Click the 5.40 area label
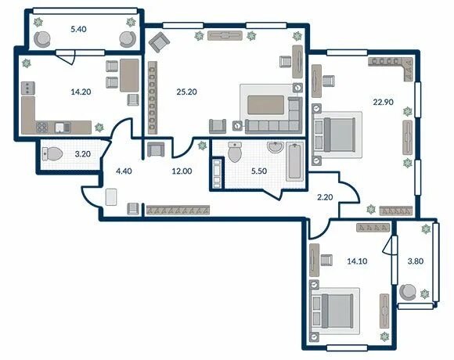[78, 29]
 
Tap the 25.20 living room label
[186, 92]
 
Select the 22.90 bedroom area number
[383, 102]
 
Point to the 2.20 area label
[325, 197]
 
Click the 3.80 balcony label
[416, 261]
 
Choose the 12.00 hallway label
[182, 171]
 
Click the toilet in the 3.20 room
[52, 153]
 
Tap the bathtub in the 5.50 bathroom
[295, 161]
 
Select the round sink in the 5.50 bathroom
[276, 147]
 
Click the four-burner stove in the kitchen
[42, 128]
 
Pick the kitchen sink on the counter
[63, 128]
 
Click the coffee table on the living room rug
[265, 105]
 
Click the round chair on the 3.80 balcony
[408, 292]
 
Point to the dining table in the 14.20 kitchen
[129, 75]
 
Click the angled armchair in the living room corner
[159, 42]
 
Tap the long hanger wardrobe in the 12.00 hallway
[178, 210]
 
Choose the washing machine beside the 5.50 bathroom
[217, 174]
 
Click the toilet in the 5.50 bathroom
[235, 152]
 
